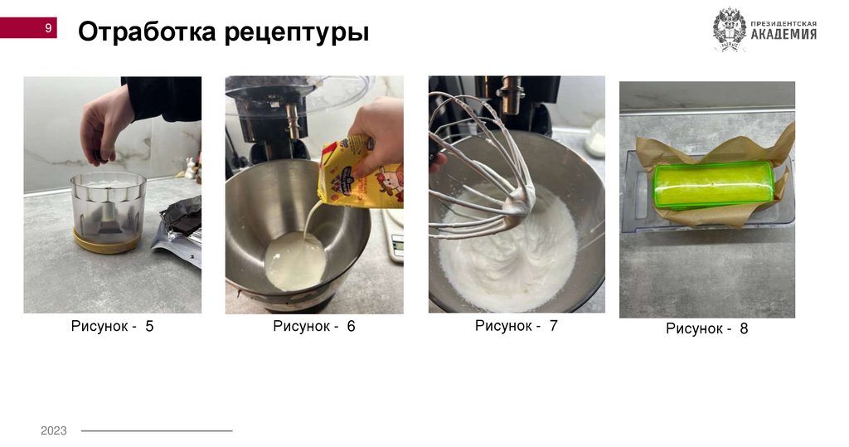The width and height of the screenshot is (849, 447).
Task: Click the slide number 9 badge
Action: pos(28,27)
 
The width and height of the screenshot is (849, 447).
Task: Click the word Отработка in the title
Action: pos(147,32)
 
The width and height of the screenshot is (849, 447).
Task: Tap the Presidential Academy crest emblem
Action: pos(729,30)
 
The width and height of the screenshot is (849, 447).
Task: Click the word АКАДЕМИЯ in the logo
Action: pos(784,34)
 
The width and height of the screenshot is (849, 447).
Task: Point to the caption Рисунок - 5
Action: pos(112,326)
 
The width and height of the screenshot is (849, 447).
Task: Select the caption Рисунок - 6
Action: pos(314,326)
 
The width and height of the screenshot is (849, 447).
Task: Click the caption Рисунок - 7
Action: pos(516,326)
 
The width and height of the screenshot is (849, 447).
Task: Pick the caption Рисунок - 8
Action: pos(706,328)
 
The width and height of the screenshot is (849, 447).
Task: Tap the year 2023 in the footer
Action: pos(54,430)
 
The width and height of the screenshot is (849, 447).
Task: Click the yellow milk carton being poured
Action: pos(360,173)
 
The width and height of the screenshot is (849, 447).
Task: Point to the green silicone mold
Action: pos(714,184)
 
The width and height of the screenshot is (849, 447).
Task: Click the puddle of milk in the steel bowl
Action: pos(296,260)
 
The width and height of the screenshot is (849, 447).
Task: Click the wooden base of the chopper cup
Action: pos(106,243)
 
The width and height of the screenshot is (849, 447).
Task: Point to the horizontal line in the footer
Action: pos(157,430)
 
